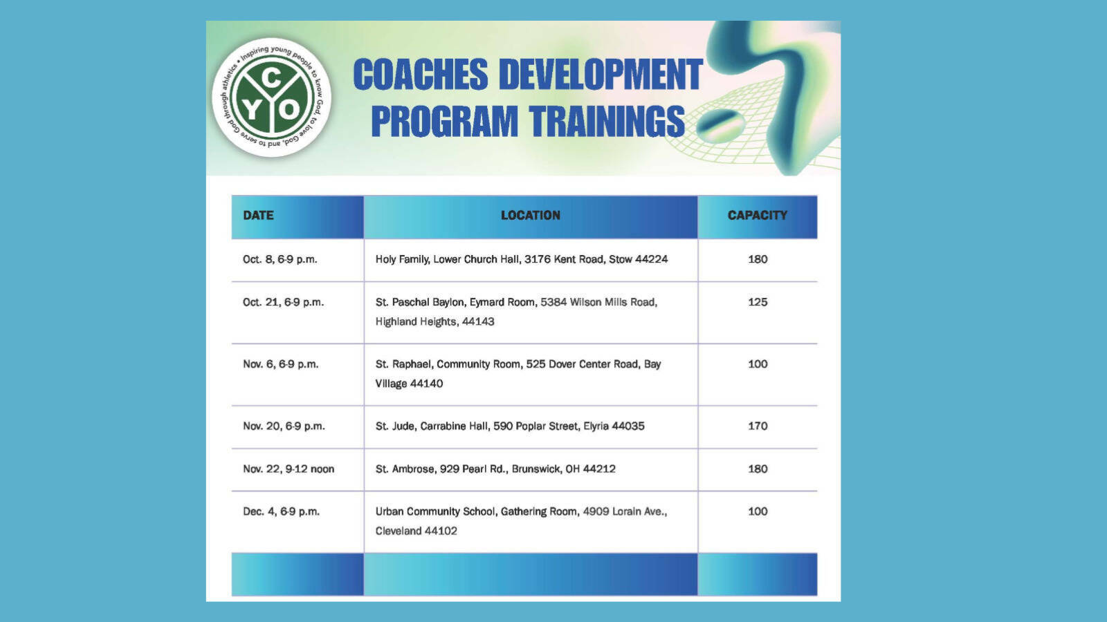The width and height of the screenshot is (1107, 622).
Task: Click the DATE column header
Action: [258, 215]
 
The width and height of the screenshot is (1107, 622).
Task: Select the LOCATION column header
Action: [530, 215]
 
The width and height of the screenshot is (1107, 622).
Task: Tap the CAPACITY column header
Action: [757, 215]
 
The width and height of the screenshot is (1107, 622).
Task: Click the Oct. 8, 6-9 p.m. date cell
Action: [280, 259]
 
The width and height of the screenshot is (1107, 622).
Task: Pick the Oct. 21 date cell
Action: [283, 302]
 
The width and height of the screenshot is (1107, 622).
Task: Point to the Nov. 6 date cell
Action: [281, 364]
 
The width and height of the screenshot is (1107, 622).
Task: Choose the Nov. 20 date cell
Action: [284, 426]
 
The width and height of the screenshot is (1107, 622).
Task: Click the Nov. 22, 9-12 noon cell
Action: [288, 469]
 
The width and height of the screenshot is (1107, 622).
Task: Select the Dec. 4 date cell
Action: [281, 511]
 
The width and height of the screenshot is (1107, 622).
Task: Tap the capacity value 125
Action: [758, 302]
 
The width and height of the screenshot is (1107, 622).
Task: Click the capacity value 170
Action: [758, 426]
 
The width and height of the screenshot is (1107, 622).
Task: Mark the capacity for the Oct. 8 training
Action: [758, 259]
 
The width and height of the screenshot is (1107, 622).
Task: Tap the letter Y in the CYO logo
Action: [252, 111]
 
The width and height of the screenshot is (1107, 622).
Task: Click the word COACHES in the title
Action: [421, 75]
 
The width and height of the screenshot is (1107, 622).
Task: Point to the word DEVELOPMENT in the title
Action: [601, 75]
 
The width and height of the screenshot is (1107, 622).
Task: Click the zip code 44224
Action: [651, 259]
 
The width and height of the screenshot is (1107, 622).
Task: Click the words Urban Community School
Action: [435, 511]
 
